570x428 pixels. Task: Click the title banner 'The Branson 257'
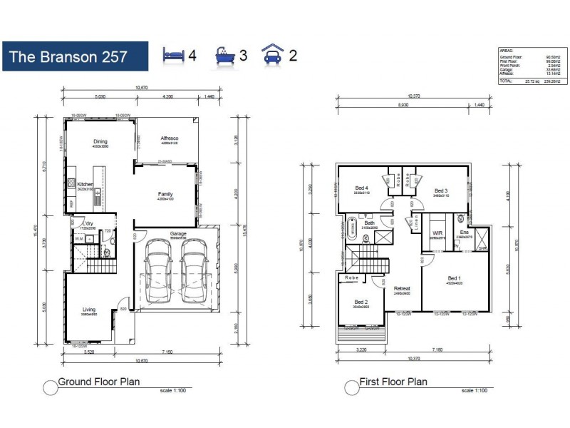pyautogui.click(x=76, y=56)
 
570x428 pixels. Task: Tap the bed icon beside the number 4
pyautogui.click(x=175, y=55)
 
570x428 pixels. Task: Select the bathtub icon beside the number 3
pyautogui.click(x=225, y=56)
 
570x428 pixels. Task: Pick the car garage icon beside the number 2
pyautogui.click(x=273, y=55)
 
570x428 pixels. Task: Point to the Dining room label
pyautogui.click(x=100, y=141)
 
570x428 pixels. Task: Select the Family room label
pyautogui.click(x=165, y=194)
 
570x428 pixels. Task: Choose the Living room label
pyautogui.click(x=88, y=310)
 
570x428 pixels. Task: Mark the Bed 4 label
pyautogui.click(x=361, y=188)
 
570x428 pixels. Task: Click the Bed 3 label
pyautogui.click(x=440, y=190)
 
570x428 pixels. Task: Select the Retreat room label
pyautogui.click(x=402, y=289)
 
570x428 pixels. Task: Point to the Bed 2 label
pyautogui.click(x=361, y=302)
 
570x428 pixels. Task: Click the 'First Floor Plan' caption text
pyautogui.click(x=394, y=382)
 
